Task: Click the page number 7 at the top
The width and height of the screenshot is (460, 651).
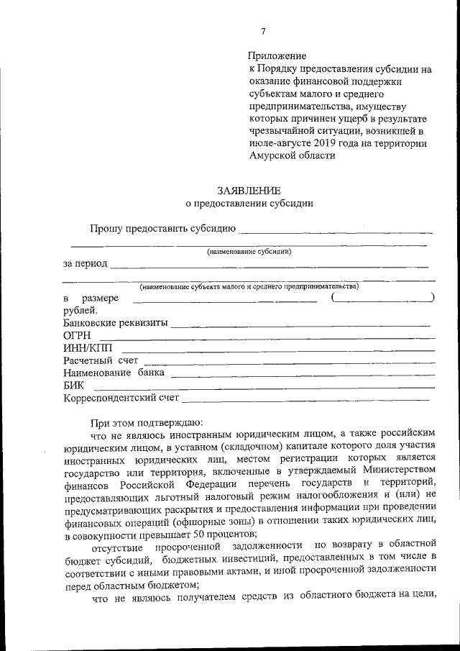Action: click(x=263, y=30)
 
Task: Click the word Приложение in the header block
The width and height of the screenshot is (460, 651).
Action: click(x=277, y=56)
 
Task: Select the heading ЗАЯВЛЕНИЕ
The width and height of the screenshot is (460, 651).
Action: click(x=249, y=190)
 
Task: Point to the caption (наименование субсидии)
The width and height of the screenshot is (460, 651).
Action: click(x=249, y=251)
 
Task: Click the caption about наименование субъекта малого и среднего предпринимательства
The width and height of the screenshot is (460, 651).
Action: click(x=249, y=286)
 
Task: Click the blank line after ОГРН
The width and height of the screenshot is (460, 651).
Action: click(x=266, y=337)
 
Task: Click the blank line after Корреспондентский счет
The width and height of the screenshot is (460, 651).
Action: click(x=309, y=397)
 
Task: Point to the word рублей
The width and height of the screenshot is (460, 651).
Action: click(x=79, y=310)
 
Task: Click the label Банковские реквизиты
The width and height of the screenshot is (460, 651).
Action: click(x=115, y=323)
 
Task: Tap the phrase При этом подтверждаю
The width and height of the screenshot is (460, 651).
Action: click(x=147, y=422)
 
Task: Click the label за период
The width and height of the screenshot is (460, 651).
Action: click(x=85, y=263)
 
